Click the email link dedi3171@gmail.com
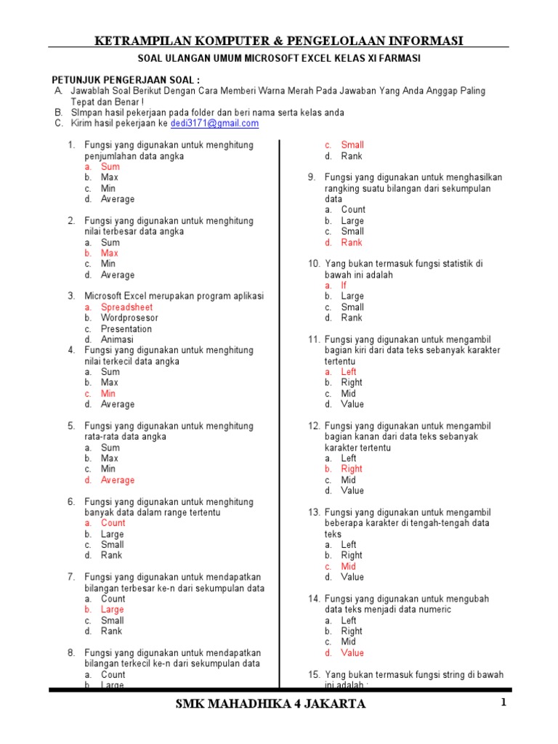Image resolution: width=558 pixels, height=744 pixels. click(214, 124)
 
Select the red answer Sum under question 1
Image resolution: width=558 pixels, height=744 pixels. click(110, 166)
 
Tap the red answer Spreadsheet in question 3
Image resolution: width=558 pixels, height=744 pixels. click(126, 307)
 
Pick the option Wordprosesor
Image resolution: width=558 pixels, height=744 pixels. click(129, 318)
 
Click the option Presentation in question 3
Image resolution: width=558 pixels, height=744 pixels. click(126, 329)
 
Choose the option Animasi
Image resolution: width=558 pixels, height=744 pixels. click(117, 339)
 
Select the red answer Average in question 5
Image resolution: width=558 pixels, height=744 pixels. click(117, 480)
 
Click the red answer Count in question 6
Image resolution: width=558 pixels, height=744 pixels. click(113, 523)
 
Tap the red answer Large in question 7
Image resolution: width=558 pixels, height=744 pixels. click(112, 610)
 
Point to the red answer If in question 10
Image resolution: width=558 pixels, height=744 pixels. click(344, 286)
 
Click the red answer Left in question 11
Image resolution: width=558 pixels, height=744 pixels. click(349, 372)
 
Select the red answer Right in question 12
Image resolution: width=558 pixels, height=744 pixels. click(352, 469)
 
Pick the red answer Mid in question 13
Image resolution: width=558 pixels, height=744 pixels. click(349, 567)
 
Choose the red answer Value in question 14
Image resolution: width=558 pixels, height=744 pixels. click(352, 653)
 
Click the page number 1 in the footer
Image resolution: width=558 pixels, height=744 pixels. click(501, 703)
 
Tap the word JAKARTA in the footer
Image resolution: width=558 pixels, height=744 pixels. click(333, 704)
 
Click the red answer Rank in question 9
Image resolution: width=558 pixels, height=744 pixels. click(352, 243)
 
